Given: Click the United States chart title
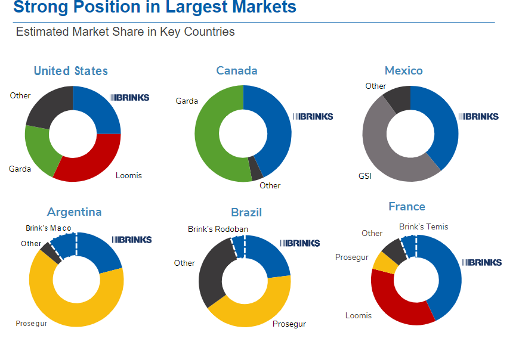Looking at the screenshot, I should [71, 71].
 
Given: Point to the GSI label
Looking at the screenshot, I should [364, 176].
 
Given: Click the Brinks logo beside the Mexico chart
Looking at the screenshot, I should [478, 116].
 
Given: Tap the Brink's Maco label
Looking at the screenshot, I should [48, 228].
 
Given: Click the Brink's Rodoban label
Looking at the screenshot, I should [218, 229].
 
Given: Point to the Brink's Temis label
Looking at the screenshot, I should [424, 226].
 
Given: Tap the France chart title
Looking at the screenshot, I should [407, 207].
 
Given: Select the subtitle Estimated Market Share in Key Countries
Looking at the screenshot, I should [125, 32].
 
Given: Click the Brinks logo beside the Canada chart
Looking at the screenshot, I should [313, 116].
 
